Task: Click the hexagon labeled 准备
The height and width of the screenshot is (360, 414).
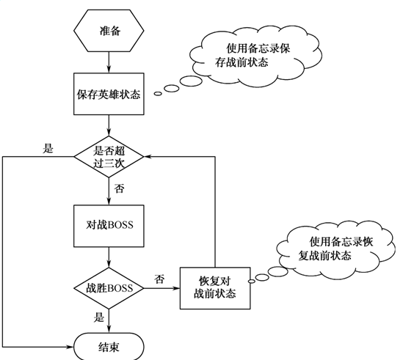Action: pyautogui.click(x=109, y=31)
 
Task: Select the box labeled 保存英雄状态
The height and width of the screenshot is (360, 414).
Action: pyautogui.click(x=109, y=94)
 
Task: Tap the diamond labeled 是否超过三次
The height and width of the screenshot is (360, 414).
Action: pyautogui.click(x=109, y=157)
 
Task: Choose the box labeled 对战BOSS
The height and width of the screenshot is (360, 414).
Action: pyautogui.click(x=109, y=226)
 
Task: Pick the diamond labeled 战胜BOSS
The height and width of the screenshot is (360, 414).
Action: pyautogui.click(x=109, y=288)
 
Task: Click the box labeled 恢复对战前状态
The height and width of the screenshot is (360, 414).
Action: pyautogui.click(x=215, y=288)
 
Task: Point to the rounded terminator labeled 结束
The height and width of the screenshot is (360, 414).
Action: pyautogui.click(x=109, y=346)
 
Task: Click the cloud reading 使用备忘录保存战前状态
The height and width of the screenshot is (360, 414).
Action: pyautogui.click(x=255, y=56)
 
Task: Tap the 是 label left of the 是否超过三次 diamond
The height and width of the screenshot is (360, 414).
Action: pyautogui.click(x=48, y=149)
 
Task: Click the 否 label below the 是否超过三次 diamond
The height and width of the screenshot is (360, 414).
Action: pyautogui.click(x=119, y=188)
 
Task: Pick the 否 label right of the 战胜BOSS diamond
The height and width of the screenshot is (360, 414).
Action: pyautogui.click(x=159, y=279)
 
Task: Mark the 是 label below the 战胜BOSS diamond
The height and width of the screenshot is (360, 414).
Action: pyautogui.click(x=99, y=317)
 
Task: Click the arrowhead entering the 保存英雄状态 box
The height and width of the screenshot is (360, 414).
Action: pyautogui.click(x=109, y=70)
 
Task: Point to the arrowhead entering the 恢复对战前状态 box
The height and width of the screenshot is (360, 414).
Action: pyautogui.click(x=176, y=288)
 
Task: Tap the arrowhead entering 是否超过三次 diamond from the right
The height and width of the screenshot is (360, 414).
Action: pyautogui.click(x=148, y=157)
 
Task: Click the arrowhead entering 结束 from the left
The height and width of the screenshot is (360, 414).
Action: pyautogui.click(x=70, y=347)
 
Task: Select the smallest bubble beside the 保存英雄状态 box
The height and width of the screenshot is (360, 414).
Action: pyautogui.click(x=158, y=94)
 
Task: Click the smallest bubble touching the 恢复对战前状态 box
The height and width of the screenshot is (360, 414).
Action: pyautogui.click(x=252, y=282)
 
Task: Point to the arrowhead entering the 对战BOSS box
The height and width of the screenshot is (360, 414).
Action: pyautogui.click(x=109, y=201)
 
